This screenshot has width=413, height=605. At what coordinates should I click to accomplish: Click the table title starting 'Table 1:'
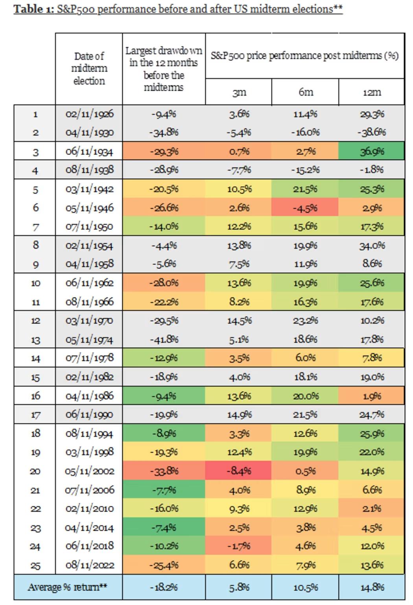(178, 9)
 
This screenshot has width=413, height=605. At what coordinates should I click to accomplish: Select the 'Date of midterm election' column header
(89, 68)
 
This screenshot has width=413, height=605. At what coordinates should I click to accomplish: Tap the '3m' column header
(239, 92)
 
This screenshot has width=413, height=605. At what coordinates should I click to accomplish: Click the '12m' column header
(371, 92)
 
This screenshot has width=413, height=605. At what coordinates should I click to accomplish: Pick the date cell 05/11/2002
(90, 471)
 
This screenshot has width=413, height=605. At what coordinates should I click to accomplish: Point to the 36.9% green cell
(372, 151)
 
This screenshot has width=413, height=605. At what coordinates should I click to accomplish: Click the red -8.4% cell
(239, 471)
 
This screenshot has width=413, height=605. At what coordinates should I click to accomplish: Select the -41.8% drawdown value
(164, 339)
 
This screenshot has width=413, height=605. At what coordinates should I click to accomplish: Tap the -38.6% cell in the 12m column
(372, 132)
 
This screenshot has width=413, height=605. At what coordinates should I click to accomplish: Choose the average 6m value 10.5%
(305, 587)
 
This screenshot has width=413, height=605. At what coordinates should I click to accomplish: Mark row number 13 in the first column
(35, 339)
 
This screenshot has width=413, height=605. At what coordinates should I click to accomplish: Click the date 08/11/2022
(90, 565)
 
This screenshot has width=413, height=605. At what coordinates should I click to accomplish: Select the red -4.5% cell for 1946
(305, 208)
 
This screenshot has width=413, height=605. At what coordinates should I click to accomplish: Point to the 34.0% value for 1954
(372, 246)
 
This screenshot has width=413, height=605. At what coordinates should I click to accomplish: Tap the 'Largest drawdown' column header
(164, 68)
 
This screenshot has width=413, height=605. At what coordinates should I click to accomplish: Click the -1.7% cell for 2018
(239, 546)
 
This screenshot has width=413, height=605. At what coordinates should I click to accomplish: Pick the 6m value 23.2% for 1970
(305, 321)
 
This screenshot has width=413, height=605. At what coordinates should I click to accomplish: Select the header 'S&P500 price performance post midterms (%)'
(305, 56)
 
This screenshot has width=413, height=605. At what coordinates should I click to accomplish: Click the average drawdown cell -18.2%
(164, 587)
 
